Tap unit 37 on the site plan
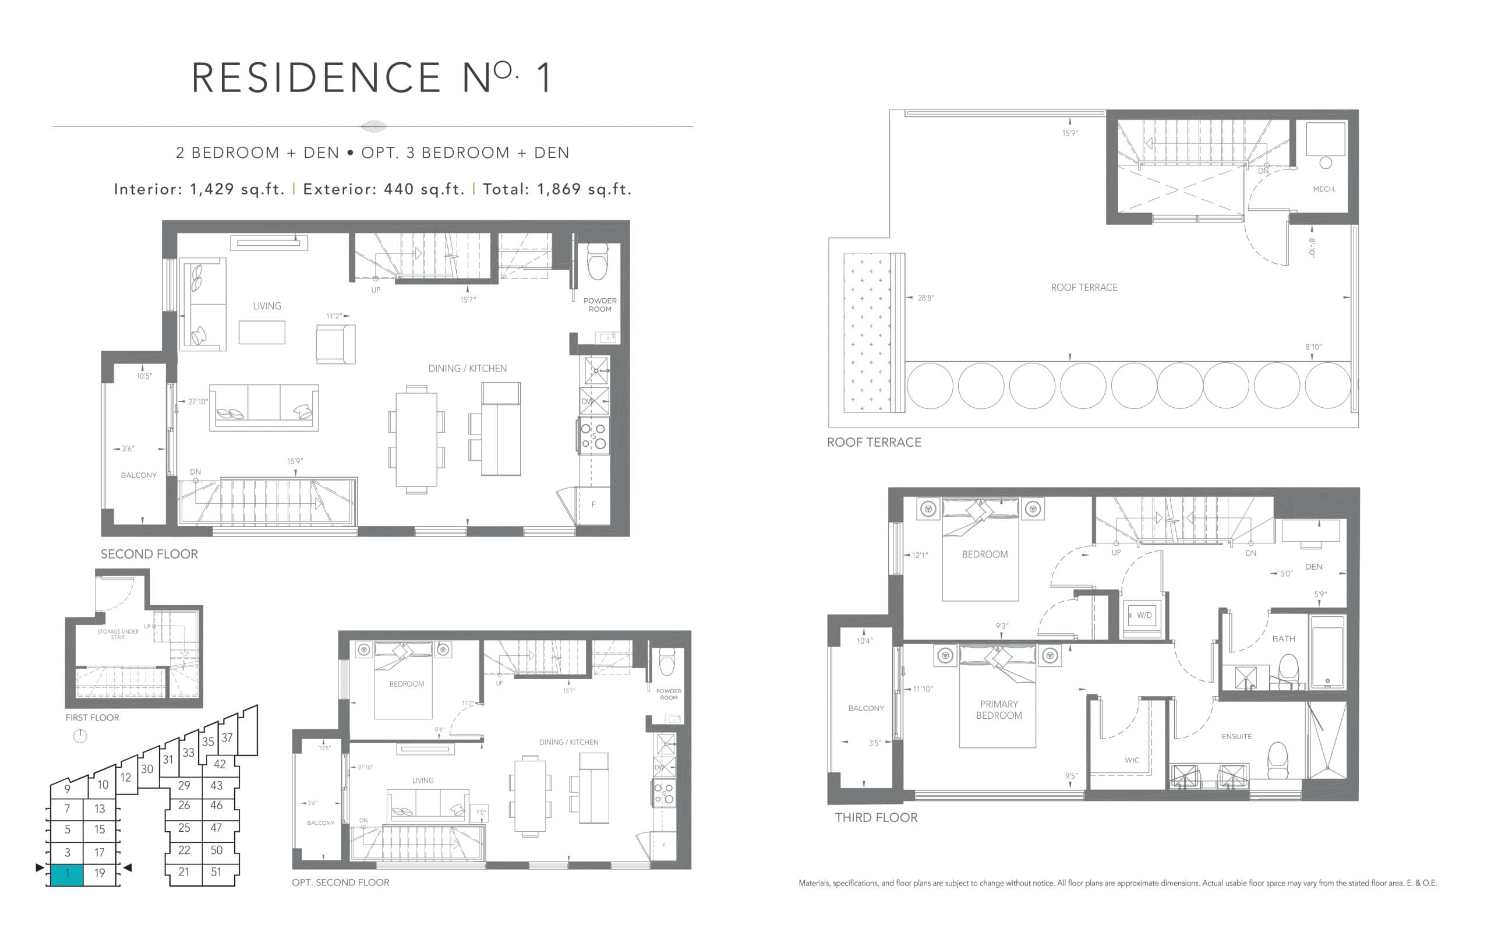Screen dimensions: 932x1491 coord(227,737)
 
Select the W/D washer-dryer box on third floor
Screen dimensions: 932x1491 coord(1143,615)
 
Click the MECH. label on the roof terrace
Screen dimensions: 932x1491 coord(1324,189)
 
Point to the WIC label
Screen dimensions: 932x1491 coord(1132,760)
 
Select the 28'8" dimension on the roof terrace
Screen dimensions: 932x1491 coord(925,298)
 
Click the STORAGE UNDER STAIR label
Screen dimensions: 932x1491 coord(118,634)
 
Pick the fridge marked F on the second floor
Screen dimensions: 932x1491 coord(593,505)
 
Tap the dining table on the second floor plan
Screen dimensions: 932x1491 coord(416,439)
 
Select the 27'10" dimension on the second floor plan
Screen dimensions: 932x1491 coord(198,401)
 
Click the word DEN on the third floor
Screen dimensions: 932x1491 coord(1313,566)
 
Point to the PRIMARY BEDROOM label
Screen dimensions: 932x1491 coord(999,709)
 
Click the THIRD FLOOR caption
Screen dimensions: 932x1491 coord(875,817)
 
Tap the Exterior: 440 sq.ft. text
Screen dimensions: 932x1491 coord(383,189)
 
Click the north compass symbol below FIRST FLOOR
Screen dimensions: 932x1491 coord(80,736)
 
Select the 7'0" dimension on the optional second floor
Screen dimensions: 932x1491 coord(480,812)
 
